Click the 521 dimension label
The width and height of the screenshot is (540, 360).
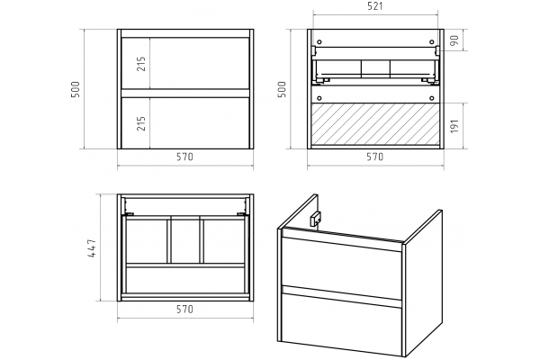375,6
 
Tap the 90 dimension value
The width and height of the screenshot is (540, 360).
454,40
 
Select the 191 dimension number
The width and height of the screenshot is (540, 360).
454,126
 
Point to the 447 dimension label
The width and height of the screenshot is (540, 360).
93,248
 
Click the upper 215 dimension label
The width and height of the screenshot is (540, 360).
141,64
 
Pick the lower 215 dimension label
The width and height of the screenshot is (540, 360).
141,123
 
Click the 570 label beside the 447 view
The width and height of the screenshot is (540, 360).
184,310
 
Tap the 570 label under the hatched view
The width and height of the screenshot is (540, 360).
374,157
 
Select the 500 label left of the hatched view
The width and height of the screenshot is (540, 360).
282,90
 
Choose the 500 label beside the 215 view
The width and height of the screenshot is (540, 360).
75,90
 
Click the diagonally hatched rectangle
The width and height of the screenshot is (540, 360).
375,123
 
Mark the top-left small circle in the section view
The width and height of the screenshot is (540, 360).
319,42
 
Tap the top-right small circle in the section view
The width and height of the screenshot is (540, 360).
432,42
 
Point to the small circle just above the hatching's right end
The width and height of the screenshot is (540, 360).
432,98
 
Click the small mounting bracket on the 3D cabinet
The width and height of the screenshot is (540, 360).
316,219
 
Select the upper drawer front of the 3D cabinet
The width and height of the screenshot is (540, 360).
342,263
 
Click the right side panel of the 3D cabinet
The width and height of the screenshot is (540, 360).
424,283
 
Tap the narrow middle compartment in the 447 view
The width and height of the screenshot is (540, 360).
185,241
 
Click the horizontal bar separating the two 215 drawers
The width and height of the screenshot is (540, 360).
185,94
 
